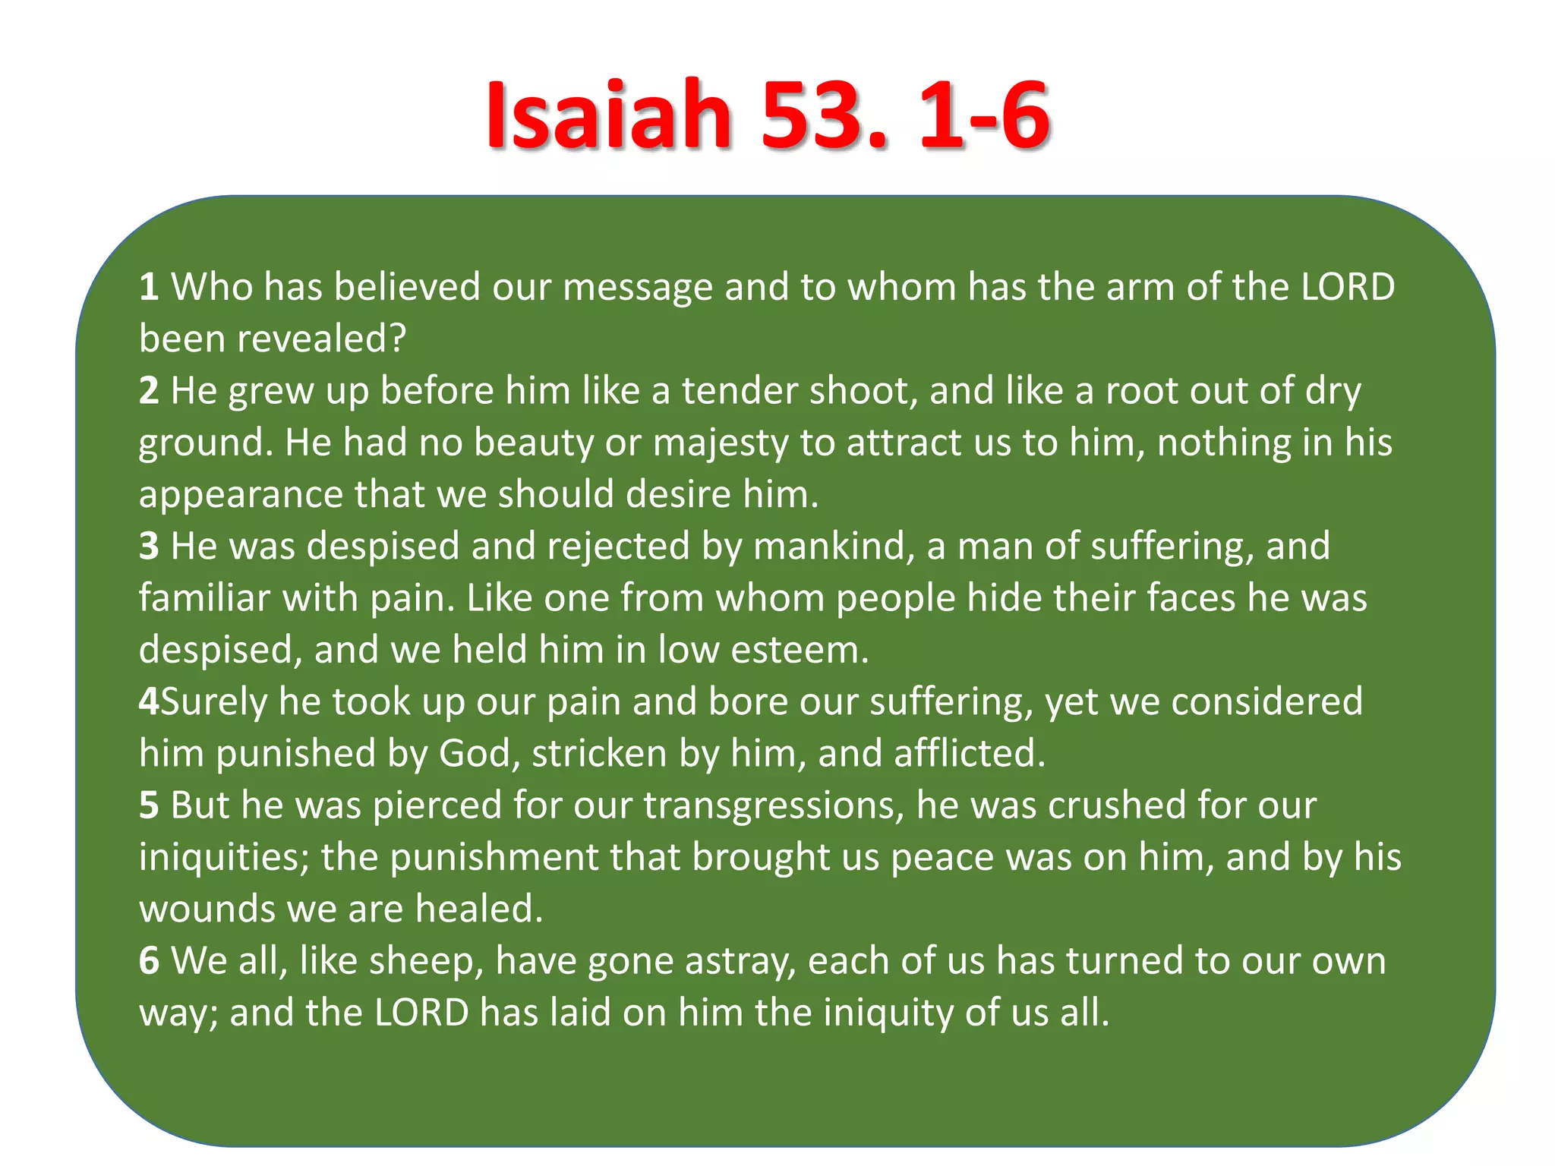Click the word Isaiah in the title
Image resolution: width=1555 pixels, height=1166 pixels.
(608, 115)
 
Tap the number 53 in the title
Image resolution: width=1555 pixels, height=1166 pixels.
(824, 115)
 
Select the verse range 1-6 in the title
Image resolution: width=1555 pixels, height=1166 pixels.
(984, 115)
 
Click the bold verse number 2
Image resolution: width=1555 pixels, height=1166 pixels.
(149, 391)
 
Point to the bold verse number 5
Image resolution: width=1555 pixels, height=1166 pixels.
(149, 805)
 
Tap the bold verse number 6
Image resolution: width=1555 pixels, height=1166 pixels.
(149, 961)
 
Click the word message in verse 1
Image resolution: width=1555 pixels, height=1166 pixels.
(638, 288)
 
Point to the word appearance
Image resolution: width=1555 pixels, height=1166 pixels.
(241, 495)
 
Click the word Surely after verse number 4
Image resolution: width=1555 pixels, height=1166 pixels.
(214, 702)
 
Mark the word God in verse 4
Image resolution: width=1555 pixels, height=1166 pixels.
(479, 754)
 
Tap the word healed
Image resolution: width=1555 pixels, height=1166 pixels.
(479, 909)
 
